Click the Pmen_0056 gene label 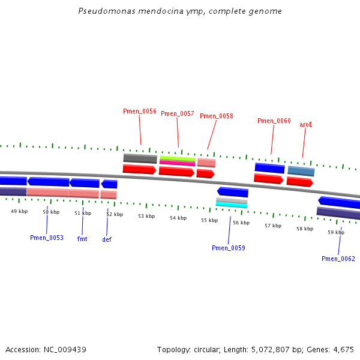click(x=140, y=112)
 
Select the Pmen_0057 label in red click(x=178, y=114)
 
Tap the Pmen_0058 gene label click(x=216, y=116)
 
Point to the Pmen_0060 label click(x=274, y=121)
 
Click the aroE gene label click(x=306, y=125)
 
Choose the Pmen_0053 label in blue click(x=47, y=238)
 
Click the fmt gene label click(x=82, y=239)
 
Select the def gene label click(x=107, y=239)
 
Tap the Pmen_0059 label click(x=229, y=248)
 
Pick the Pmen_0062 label click(x=338, y=259)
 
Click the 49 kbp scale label click(x=19, y=211)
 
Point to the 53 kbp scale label click(x=146, y=216)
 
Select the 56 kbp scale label click(x=241, y=223)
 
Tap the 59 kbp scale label click(x=336, y=232)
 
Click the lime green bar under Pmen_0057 click(x=177, y=158)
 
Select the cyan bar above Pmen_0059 click(x=231, y=205)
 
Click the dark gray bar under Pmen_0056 click(x=140, y=158)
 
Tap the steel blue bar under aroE click(x=301, y=171)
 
